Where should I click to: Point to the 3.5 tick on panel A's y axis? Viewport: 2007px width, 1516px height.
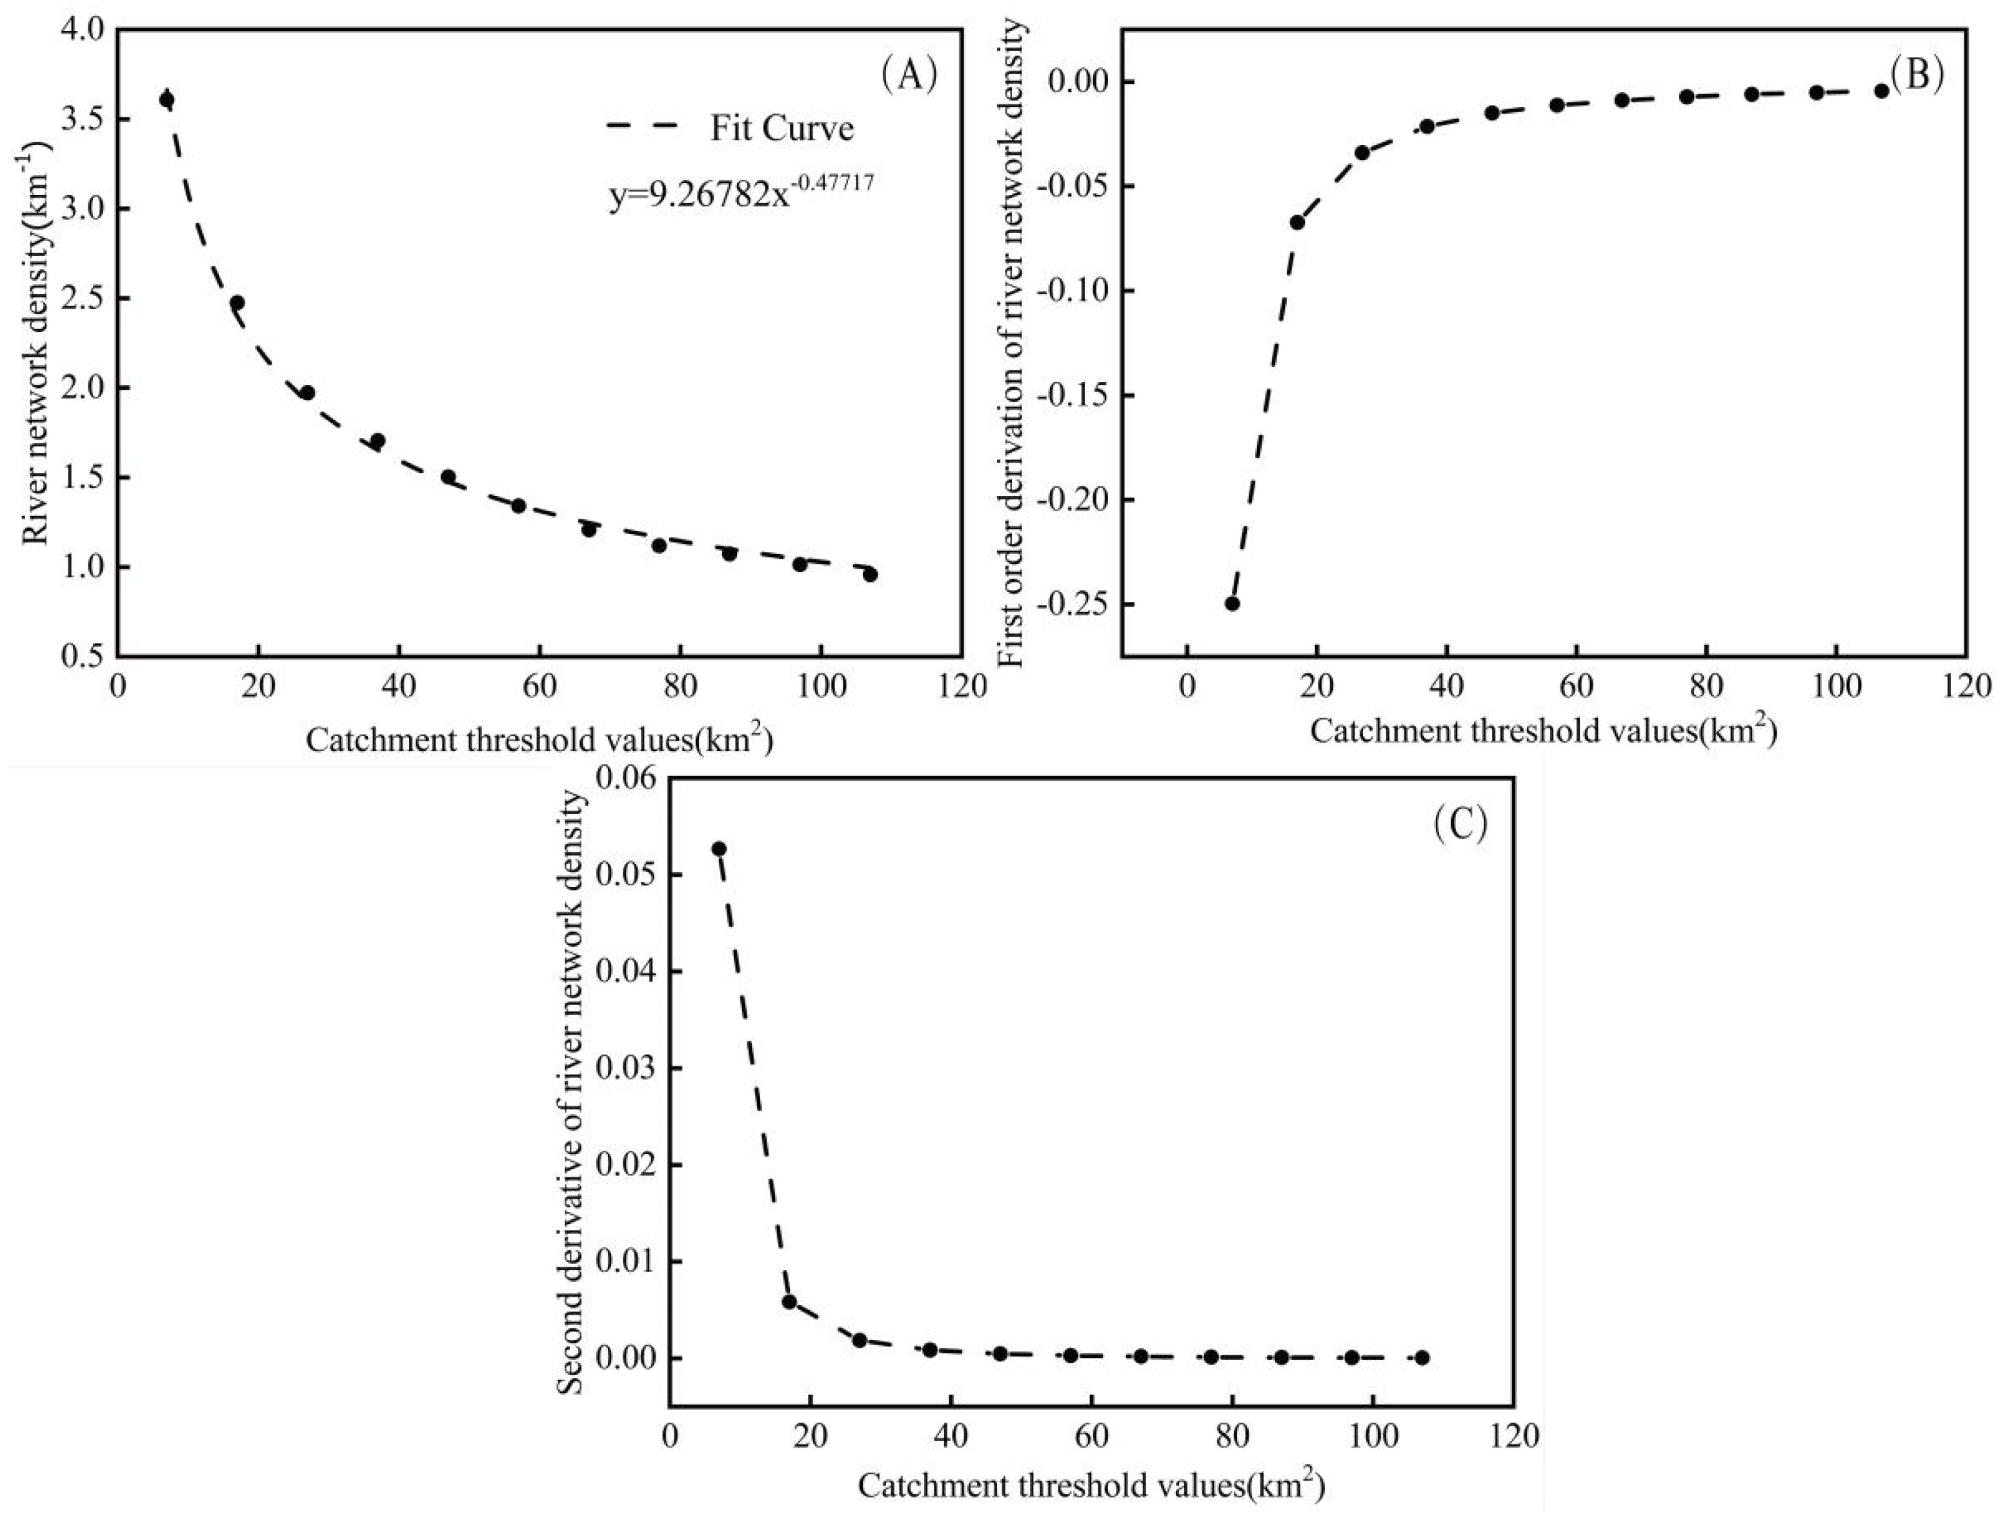tap(85, 120)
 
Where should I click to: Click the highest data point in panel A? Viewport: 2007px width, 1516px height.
tap(166, 100)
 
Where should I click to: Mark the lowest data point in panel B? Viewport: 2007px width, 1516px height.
tap(1232, 603)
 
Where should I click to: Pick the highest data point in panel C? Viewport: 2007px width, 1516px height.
tap(719, 849)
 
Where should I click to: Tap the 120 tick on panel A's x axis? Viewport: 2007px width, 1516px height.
tap(960, 686)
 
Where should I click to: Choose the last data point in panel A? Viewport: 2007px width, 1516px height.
tap(870, 574)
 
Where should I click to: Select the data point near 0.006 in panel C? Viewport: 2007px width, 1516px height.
tap(789, 1302)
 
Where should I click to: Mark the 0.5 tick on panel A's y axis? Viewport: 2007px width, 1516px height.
tap(85, 657)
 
